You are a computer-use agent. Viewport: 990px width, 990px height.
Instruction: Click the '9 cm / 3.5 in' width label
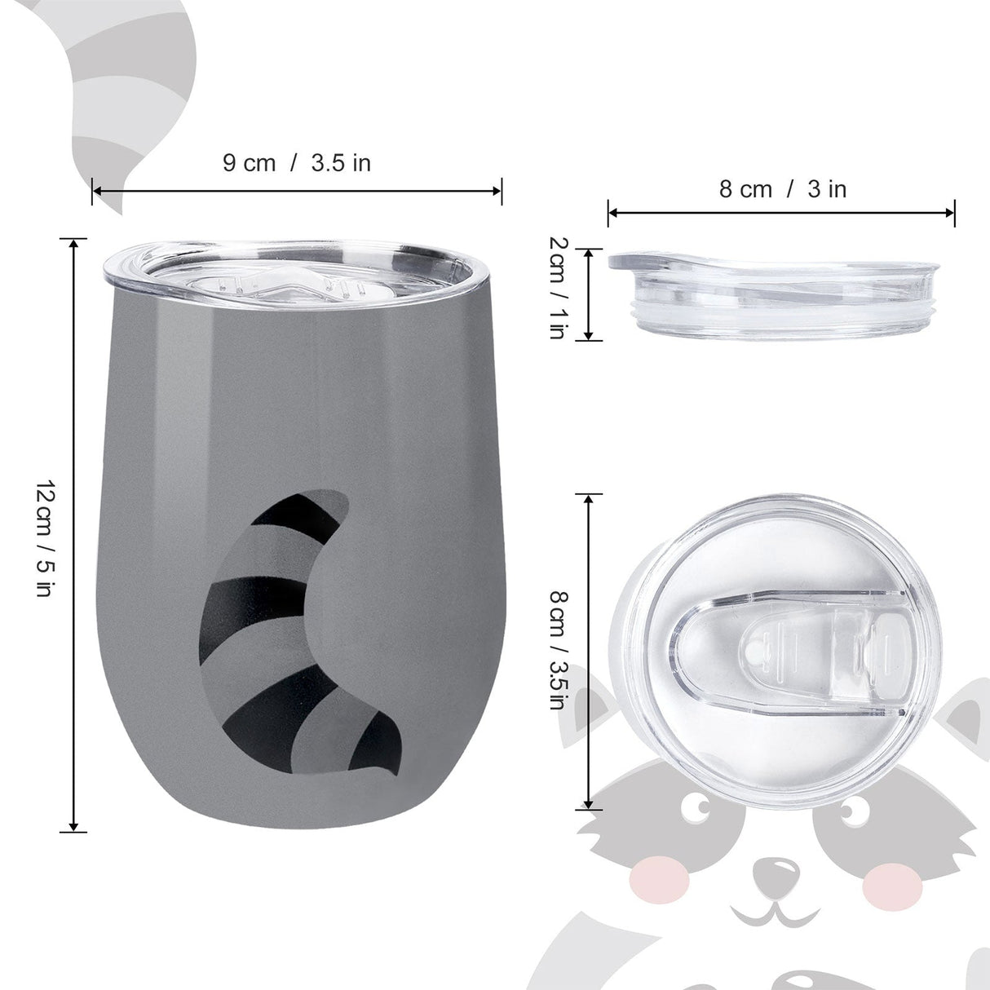point(297,162)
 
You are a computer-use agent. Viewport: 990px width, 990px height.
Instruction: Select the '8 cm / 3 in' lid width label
point(782,189)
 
